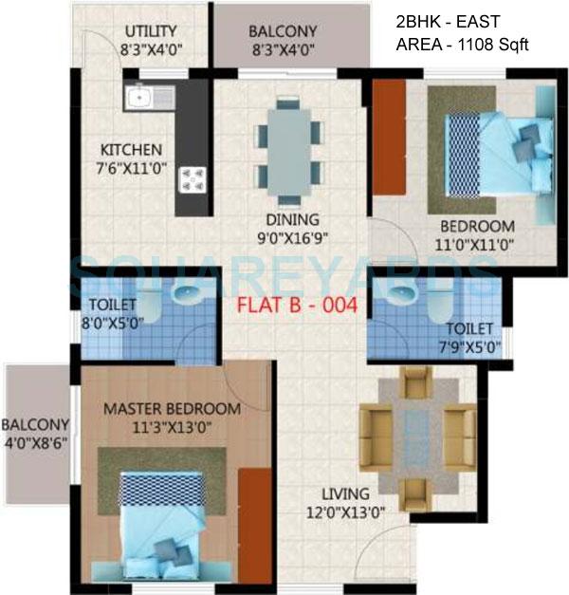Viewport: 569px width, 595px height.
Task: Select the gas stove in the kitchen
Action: [x=194, y=178]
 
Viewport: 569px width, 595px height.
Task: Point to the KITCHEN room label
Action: [x=132, y=150]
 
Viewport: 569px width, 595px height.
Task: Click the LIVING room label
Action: [x=344, y=493]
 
